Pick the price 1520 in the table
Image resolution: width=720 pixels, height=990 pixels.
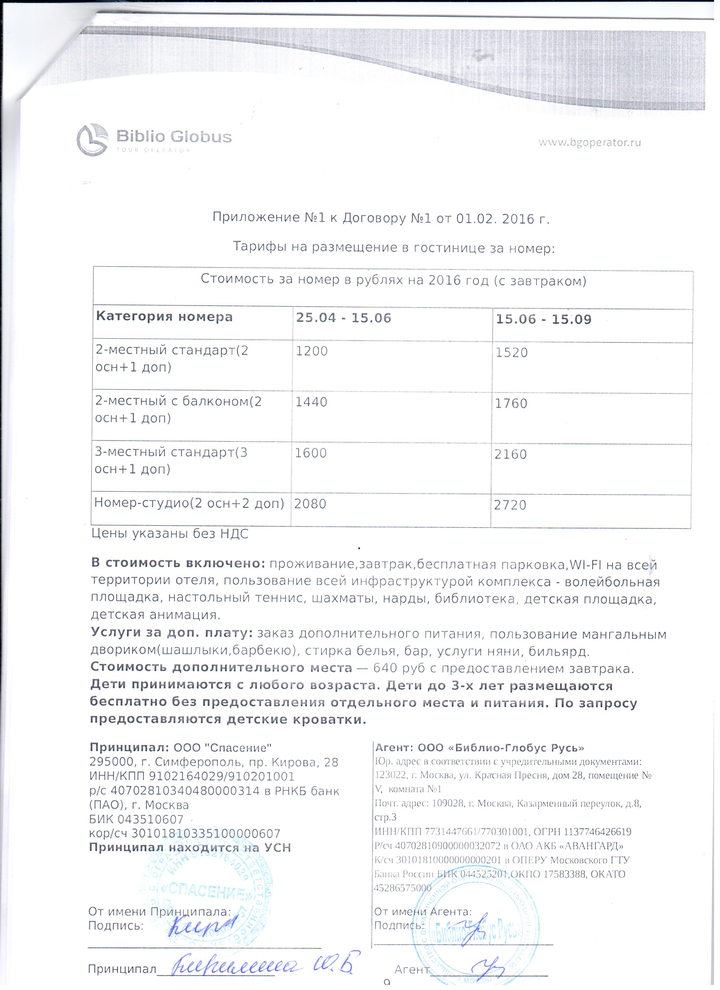click(511, 352)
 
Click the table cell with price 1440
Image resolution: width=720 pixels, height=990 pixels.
click(311, 402)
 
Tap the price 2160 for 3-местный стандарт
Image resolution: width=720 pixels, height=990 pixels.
click(510, 454)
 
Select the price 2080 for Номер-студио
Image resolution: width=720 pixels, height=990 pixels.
click(310, 504)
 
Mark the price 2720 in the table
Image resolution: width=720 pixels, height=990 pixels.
click(510, 505)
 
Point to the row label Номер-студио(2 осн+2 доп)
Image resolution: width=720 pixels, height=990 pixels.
click(189, 503)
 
